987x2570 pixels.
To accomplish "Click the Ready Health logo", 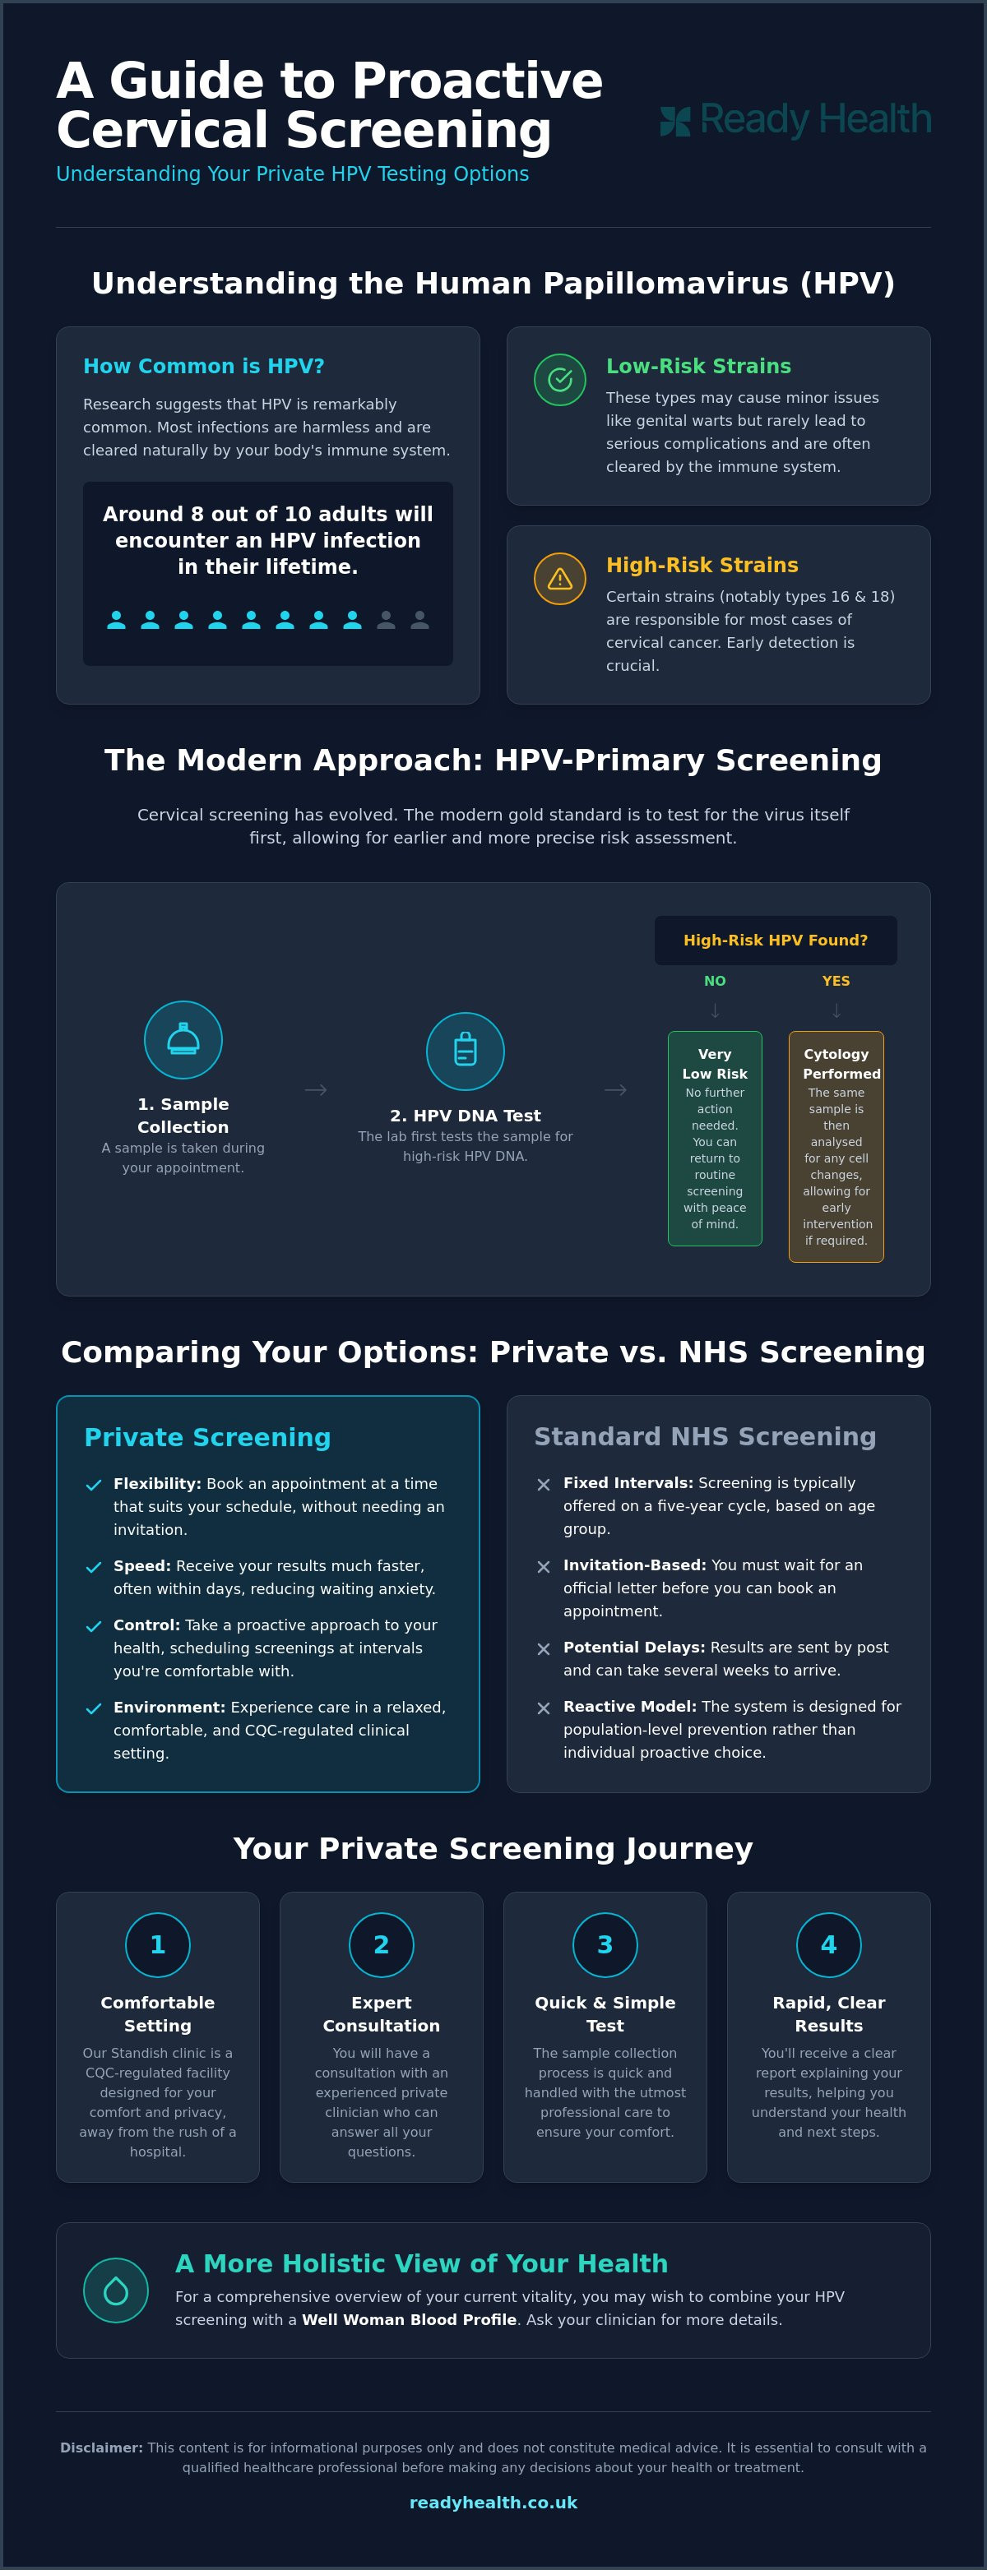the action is click(795, 120).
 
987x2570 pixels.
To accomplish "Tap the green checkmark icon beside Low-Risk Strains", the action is click(560, 379).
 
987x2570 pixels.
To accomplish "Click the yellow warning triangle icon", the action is click(560, 579).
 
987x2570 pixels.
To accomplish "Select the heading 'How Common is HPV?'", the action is click(204, 366).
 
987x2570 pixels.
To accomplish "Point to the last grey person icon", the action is click(420, 620).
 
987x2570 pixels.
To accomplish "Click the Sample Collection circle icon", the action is click(183, 1039).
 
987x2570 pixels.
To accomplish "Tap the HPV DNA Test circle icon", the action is click(465, 1052).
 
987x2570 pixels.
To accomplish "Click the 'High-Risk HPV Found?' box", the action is click(776, 940).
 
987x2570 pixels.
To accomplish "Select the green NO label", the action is click(715, 981).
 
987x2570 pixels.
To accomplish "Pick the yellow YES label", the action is click(836, 981).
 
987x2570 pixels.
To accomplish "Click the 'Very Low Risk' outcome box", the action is click(715, 1139).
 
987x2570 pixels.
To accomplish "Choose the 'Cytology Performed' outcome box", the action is click(836, 1146).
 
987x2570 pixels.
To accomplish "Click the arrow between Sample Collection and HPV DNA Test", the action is click(315, 1089).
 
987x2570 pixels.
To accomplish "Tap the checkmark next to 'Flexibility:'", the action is click(94, 1485).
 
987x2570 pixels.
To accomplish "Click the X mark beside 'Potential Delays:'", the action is click(543, 1648).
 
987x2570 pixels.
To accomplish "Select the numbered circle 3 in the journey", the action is click(605, 1944).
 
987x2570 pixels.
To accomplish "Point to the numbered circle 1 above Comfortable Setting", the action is click(158, 1944).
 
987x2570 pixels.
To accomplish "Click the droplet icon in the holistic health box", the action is click(116, 2290).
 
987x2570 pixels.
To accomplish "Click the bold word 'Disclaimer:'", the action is click(102, 2448).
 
